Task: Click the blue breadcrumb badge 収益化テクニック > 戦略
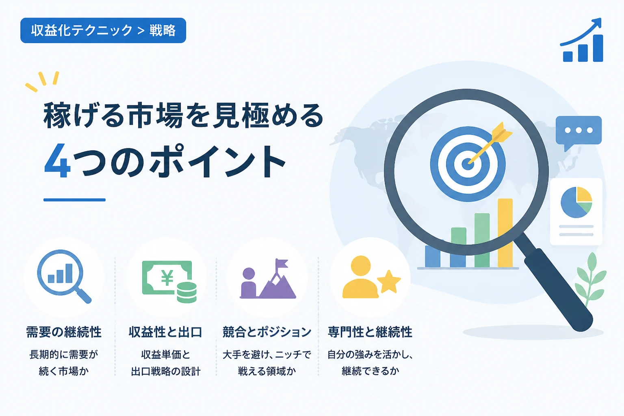point(103,30)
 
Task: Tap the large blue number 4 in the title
point(57,160)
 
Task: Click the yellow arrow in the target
point(490,143)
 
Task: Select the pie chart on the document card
point(576,202)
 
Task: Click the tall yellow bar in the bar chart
point(505,233)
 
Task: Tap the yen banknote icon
point(167,277)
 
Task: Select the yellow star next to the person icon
point(389,282)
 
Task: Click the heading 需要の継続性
point(64,332)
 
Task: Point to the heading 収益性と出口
point(165,332)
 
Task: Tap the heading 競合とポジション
point(267,332)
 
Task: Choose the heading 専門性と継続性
point(370,332)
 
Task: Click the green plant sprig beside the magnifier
point(590,279)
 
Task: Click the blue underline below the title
point(74,200)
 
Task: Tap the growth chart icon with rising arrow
point(582,40)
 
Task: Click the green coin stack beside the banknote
point(186,292)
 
